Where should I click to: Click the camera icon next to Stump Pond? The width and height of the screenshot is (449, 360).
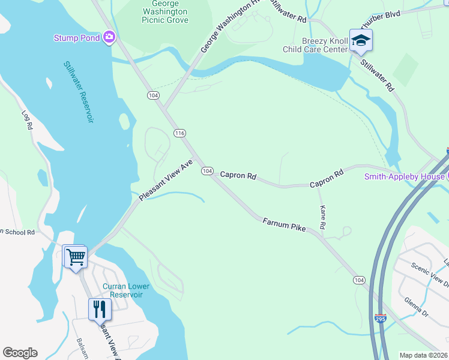[x=109, y=38]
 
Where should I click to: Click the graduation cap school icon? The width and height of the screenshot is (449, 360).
[x=361, y=41]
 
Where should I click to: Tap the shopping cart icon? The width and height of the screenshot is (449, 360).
[x=76, y=257]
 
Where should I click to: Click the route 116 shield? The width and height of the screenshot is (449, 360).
[x=179, y=133]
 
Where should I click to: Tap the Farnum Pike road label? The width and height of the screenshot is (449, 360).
[x=284, y=226]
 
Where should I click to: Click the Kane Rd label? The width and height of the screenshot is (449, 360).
[x=322, y=217]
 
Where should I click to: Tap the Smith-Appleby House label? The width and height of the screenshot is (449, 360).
[x=405, y=176]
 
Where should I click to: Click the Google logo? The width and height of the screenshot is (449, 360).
[x=20, y=353]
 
